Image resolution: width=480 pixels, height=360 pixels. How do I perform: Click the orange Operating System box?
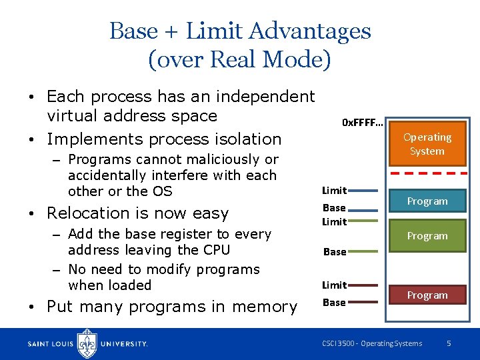[427, 144]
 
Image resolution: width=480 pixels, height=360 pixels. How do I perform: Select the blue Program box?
[427, 201]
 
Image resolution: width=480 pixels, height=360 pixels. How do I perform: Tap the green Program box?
[427, 235]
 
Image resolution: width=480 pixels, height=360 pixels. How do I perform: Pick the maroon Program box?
[427, 295]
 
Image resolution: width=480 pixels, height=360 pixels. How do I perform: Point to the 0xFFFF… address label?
[362, 123]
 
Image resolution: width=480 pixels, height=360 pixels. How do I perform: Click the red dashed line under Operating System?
[427, 173]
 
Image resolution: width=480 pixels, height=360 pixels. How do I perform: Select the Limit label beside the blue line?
[334, 191]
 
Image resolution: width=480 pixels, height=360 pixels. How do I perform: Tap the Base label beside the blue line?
[334, 208]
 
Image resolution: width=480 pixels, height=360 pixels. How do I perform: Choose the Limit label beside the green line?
[334, 221]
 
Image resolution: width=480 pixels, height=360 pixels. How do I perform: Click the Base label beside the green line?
[334, 252]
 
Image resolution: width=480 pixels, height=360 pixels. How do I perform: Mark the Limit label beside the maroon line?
[334, 285]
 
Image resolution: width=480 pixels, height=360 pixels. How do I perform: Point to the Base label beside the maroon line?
[334, 303]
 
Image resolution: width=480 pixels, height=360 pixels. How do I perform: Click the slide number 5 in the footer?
[449, 343]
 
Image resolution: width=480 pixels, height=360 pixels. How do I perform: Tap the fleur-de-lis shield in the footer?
[87, 343]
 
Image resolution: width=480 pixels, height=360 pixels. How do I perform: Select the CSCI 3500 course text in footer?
[371, 343]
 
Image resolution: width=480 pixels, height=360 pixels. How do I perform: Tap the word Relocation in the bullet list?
[87, 213]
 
